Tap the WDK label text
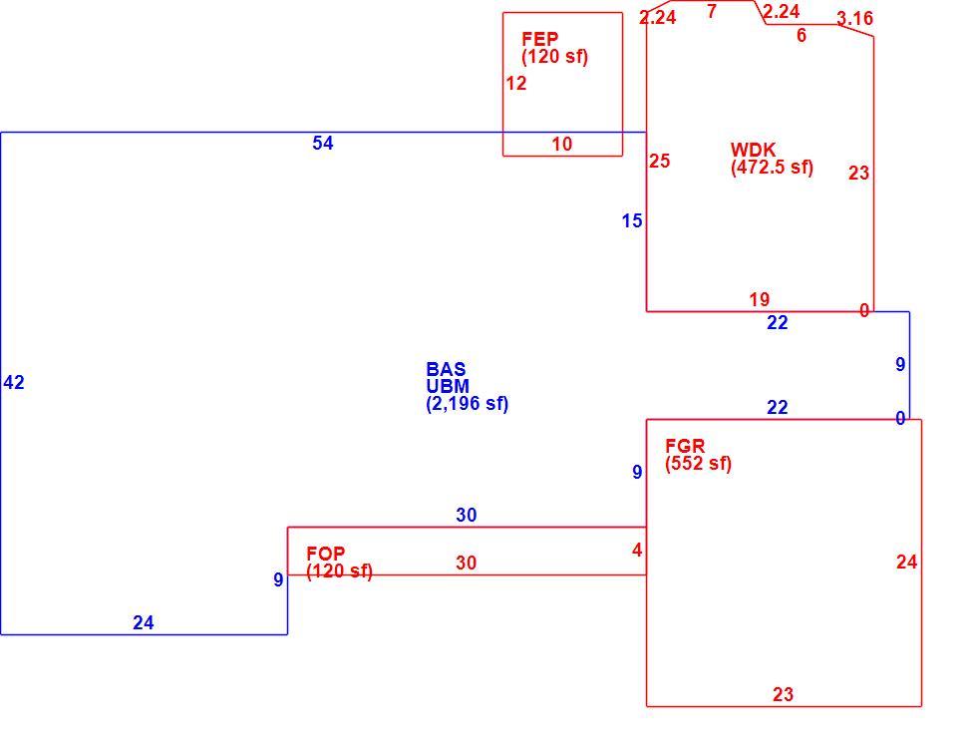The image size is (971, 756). [753, 150]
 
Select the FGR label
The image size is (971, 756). [685, 446]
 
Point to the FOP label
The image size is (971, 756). [326, 554]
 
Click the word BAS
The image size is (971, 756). [446, 369]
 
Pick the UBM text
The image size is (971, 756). [448, 386]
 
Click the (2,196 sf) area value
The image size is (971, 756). [468, 403]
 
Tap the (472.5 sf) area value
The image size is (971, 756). [772, 168]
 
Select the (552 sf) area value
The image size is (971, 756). [699, 464]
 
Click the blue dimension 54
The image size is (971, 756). [323, 144]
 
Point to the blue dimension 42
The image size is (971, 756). [14, 382]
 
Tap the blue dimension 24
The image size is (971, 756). [143, 622]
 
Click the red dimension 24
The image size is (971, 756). [906, 563]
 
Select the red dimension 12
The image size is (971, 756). [515, 83]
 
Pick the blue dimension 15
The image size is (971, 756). [632, 221]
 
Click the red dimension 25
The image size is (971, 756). [660, 162]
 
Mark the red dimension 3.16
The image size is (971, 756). [855, 18]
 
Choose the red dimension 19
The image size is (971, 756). [760, 300]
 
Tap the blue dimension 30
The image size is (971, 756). [467, 515]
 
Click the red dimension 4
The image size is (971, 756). [637, 551]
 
